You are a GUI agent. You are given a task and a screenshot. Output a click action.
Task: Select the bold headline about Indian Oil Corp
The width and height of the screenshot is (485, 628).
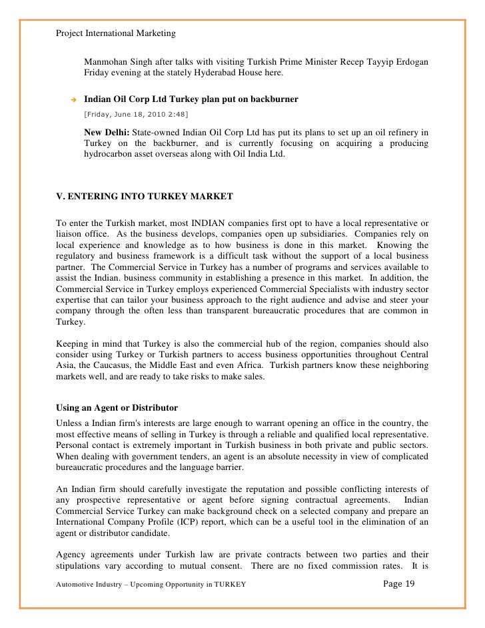(191, 99)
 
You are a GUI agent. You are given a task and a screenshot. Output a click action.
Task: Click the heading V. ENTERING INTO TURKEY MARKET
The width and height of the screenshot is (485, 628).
(143, 197)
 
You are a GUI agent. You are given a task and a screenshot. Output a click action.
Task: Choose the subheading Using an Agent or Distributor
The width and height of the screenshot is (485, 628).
(116, 407)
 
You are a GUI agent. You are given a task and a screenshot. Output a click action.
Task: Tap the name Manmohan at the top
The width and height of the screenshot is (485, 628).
(105, 62)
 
